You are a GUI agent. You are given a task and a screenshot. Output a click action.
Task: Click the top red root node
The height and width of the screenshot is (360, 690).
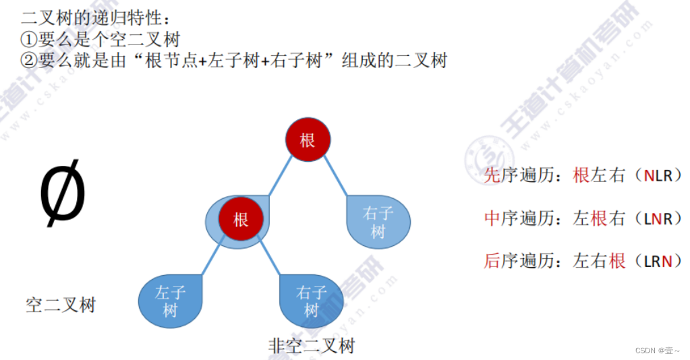tap(307, 140)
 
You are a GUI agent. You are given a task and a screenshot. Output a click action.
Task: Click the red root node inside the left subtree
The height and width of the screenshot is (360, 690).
tap(240, 219)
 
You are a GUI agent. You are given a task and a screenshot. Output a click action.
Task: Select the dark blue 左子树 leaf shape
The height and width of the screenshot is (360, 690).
tap(169, 301)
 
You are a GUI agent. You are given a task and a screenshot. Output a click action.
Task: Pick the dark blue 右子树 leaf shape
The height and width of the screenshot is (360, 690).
tap(311, 301)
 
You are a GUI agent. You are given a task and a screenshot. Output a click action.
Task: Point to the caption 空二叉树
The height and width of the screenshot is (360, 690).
tap(61, 305)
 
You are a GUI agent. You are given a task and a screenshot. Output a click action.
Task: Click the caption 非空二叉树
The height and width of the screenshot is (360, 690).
tap(311, 346)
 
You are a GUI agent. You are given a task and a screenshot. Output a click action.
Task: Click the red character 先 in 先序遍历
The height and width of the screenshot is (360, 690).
tap(492, 176)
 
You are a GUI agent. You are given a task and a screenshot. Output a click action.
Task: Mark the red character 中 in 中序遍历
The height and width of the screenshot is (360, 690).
tap(492, 218)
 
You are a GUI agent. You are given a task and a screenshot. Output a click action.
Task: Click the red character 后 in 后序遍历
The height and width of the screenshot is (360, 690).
tap(492, 261)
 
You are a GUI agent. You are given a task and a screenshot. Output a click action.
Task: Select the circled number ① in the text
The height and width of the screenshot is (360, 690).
tap(28, 38)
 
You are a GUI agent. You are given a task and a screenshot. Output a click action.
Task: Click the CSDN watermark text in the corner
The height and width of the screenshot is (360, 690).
tap(646, 351)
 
